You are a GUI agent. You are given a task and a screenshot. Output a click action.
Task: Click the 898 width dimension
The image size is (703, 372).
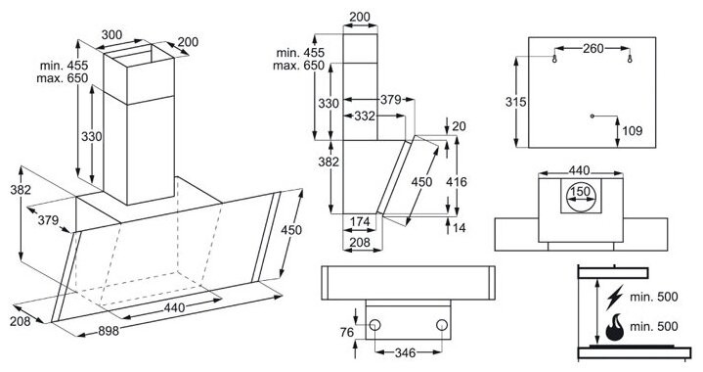coord(109,331)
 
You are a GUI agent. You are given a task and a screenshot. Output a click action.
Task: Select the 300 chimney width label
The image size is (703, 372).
coord(111,34)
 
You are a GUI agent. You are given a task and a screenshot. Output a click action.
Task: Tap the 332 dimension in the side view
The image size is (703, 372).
coord(365,116)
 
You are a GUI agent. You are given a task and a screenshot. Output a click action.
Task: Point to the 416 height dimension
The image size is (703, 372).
coord(457,182)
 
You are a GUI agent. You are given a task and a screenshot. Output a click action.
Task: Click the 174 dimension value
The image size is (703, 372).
coord(360,221)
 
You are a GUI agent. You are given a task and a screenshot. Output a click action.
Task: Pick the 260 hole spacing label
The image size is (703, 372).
coord(593,48)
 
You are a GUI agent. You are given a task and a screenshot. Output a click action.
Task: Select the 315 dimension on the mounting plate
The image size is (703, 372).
coord(515,103)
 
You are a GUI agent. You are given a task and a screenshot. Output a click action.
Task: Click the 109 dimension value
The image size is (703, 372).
coord(633,131)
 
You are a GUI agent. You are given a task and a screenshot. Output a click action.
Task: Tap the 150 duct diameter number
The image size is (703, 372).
coord(581,192)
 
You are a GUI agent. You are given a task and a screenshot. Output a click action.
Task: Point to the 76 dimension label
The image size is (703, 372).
coord(347,333)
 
